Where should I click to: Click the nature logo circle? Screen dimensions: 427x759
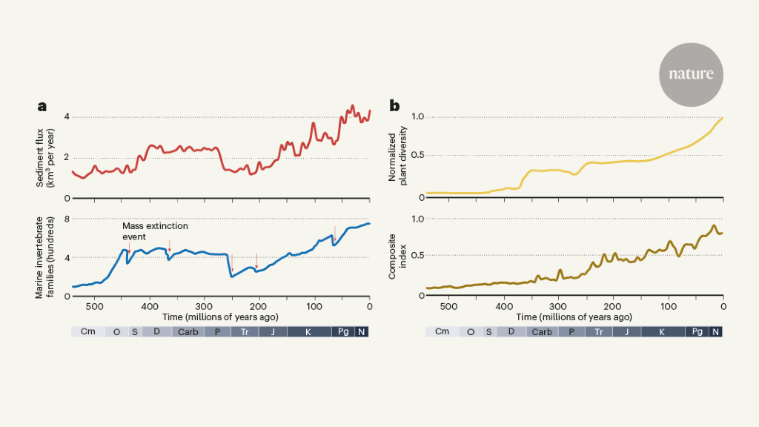pyautogui.click(x=691, y=74)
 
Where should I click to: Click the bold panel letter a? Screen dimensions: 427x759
pyautogui.click(x=42, y=106)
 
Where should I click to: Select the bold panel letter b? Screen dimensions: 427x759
pyautogui.click(x=394, y=106)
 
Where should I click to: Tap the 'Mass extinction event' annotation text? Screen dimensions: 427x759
pyautogui.click(x=155, y=231)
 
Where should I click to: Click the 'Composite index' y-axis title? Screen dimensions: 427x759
pyautogui.click(x=398, y=255)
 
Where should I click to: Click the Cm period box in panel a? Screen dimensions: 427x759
pyautogui.click(x=87, y=331)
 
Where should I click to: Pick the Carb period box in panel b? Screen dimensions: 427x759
pyautogui.click(x=542, y=331)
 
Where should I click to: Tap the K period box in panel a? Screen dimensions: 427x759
pyautogui.click(x=308, y=331)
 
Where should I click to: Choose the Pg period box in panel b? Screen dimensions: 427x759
pyautogui.click(x=697, y=331)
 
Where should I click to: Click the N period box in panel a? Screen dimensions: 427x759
pyautogui.click(x=362, y=331)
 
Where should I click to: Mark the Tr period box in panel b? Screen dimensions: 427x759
pyautogui.click(x=598, y=331)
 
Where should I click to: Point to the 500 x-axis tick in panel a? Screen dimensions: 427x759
pyautogui.click(x=94, y=306)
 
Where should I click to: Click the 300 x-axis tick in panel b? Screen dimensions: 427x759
pyautogui.click(x=558, y=306)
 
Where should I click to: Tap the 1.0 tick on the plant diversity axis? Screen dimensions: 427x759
pyautogui.click(x=417, y=116)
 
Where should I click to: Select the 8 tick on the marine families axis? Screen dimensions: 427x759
pyautogui.click(x=67, y=219)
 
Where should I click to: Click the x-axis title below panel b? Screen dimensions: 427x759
pyautogui.click(x=574, y=317)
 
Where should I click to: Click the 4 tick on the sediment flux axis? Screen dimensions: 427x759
pyautogui.click(x=67, y=116)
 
